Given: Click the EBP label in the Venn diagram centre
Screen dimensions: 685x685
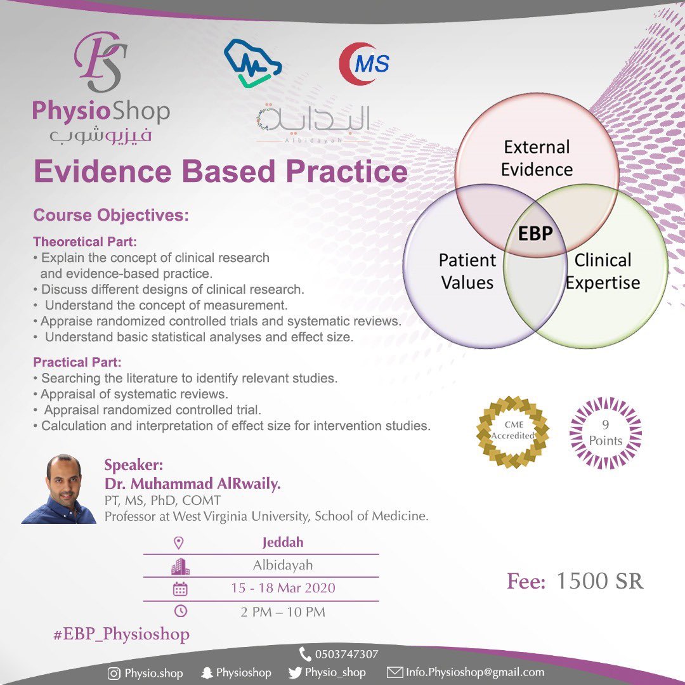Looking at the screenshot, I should tap(535, 233).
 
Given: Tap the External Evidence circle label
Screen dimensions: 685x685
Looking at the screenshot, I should tap(537, 159).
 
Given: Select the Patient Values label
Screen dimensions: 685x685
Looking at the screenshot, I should tap(467, 271).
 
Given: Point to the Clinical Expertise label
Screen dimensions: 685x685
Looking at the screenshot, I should tap(603, 271).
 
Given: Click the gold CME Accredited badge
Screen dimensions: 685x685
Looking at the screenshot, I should tap(513, 432).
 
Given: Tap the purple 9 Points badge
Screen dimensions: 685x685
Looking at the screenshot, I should tap(605, 433).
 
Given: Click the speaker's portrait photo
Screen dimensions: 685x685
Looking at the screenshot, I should tap(59, 489).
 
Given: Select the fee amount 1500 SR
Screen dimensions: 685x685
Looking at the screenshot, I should tap(599, 581).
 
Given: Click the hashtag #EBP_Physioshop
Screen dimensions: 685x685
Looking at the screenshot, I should tap(121, 634).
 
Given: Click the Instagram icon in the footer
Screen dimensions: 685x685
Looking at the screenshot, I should tap(114, 673).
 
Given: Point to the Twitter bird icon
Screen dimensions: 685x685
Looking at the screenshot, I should tap(295, 672).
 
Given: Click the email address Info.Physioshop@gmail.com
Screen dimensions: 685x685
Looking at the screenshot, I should tap(474, 672).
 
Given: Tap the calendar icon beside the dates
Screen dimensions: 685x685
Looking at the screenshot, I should tap(180, 588).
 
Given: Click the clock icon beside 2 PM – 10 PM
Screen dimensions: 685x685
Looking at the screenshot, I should tap(180, 611).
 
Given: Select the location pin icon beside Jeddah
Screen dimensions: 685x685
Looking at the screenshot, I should tap(179, 543).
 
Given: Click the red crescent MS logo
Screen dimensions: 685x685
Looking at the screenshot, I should tap(364, 63).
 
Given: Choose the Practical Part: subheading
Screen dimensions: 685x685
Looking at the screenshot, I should tap(77, 363).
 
